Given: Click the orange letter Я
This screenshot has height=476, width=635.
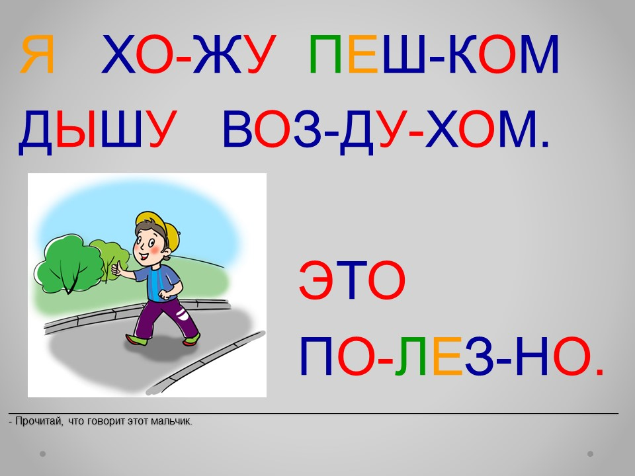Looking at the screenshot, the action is coord(37,55).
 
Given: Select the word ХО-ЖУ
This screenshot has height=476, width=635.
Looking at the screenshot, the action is coord(189,55).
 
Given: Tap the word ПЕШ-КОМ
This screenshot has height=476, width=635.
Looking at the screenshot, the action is coord(434,55).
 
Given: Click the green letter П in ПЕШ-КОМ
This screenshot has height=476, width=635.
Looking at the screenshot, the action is coord(325,55).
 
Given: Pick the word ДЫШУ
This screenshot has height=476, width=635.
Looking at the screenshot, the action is coord(98,130).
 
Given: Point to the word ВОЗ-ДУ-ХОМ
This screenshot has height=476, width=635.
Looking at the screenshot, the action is coord(386,130).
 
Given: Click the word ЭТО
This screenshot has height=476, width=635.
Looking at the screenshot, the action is coord(352,280).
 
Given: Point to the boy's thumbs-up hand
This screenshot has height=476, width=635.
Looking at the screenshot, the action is coord(118,268).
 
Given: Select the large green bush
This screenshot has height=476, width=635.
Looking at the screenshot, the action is coord(69,264).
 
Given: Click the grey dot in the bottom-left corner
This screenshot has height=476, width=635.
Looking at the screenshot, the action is coord(42,454).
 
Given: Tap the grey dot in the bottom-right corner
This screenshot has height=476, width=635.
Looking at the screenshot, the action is coord(591,454).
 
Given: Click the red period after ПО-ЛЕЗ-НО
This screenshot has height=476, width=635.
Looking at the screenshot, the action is coord(600,372).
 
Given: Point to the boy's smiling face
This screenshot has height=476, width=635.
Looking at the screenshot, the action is coord(149,244).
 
